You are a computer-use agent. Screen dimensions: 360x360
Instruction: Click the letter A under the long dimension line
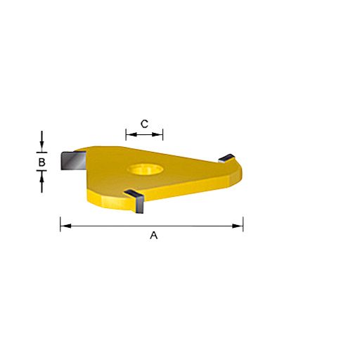(x=154, y=236)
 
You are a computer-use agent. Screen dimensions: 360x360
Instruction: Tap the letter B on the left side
(x=42, y=162)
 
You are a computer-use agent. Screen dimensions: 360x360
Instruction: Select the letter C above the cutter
(x=144, y=124)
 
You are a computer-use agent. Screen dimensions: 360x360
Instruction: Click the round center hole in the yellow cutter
(x=144, y=170)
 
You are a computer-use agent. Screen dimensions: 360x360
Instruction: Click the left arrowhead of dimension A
(x=63, y=226)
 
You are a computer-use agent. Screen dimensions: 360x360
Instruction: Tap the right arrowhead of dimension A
(x=240, y=226)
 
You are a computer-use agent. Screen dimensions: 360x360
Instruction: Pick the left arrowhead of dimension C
(x=129, y=134)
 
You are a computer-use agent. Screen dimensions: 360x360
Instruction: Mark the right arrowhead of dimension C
(x=160, y=134)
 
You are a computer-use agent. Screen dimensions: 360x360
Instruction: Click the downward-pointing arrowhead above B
(x=43, y=146)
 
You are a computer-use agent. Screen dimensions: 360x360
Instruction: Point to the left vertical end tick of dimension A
(x=60, y=225)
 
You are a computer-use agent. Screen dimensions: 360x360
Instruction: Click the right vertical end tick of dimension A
(x=243, y=225)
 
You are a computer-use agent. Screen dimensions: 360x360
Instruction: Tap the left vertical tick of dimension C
(x=126, y=134)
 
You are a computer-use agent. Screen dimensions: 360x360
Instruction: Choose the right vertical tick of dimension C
(x=162, y=134)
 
